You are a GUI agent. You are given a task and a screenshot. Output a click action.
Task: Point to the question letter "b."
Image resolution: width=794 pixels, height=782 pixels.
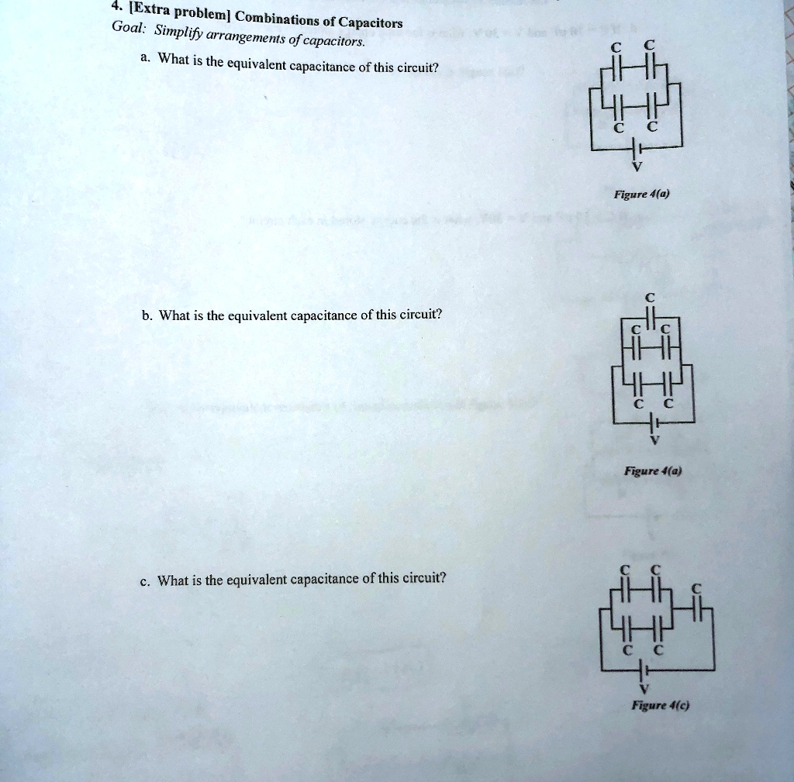coord(147,315)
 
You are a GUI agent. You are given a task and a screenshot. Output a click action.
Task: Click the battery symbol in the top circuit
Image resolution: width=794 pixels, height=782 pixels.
coord(635,148)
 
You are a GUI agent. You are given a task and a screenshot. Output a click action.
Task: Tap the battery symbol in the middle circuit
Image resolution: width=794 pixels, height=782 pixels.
coord(654,423)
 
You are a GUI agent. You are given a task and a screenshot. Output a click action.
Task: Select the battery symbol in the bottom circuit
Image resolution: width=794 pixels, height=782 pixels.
coord(640,670)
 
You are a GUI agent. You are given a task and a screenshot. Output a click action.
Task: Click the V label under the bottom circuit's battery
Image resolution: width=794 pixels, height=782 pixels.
coord(640,688)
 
